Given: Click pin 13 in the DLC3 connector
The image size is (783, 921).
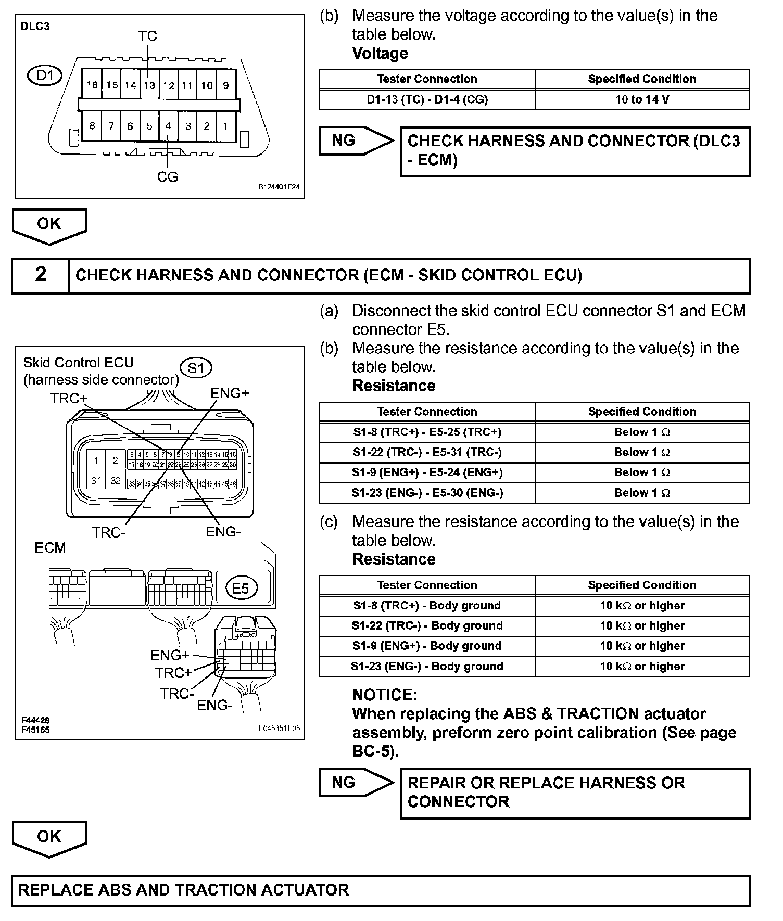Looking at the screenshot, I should coord(149,85).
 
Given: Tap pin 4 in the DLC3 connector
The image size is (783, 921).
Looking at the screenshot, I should coord(168,126).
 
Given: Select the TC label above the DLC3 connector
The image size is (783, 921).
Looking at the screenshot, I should coord(147,36).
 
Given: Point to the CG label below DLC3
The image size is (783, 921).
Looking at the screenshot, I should coord(168,177).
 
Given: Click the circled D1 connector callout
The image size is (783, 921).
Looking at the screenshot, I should coord(45,76).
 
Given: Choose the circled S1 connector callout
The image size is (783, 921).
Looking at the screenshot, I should coord(196,368).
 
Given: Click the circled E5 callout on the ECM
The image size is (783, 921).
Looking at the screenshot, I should coord(241,589).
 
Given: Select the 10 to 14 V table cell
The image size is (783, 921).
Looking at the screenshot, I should coord(642,99).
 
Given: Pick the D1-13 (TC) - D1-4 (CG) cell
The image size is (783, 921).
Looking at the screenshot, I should coord(427,99).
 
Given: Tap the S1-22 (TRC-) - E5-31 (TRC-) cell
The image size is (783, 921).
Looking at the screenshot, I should coord(427,452).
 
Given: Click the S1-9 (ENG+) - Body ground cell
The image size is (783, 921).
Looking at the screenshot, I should coord(427,646).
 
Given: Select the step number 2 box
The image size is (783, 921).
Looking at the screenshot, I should coord(41,275).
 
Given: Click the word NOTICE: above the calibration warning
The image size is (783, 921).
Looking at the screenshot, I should coord(384,695).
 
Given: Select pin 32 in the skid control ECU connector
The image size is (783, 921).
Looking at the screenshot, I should coord(116,481).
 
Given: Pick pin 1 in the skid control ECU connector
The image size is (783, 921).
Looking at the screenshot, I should coord(96,460).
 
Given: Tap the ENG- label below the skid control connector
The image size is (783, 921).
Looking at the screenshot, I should coord(223,532).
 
